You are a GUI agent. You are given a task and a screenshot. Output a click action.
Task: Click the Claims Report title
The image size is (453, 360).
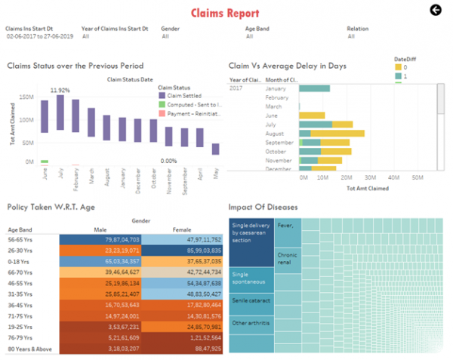[x=225, y=13]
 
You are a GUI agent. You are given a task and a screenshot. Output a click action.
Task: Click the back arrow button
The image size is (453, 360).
[x=435, y=10]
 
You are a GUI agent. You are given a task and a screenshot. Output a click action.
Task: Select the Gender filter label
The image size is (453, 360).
[x=170, y=28]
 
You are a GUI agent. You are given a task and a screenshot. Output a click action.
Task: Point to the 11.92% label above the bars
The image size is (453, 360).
[x=60, y=90]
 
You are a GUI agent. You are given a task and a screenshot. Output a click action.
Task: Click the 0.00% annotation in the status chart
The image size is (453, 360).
[x=169, y=161]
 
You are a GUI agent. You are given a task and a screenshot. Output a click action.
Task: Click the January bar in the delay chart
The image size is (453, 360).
[x=314, y=89]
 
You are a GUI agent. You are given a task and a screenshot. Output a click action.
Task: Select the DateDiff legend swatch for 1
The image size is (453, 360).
[x=399, y=76]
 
